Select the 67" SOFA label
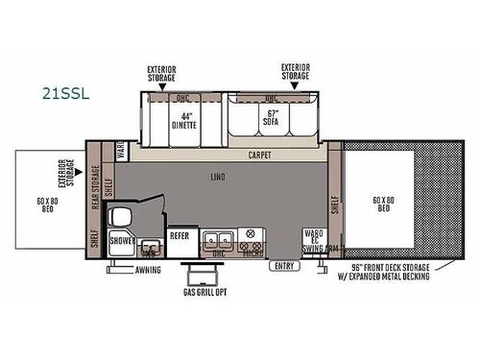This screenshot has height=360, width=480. [272, 120]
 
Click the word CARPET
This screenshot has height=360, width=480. [258, 154]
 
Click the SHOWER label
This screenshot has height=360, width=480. [122, 240]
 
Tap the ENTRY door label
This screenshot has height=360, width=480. [282, 266]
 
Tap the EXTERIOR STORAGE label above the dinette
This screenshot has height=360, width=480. [161, 73]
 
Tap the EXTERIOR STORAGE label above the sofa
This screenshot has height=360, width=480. [296, 73]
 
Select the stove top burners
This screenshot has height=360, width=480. [252, 236]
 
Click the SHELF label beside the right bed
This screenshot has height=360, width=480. [335, 204]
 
